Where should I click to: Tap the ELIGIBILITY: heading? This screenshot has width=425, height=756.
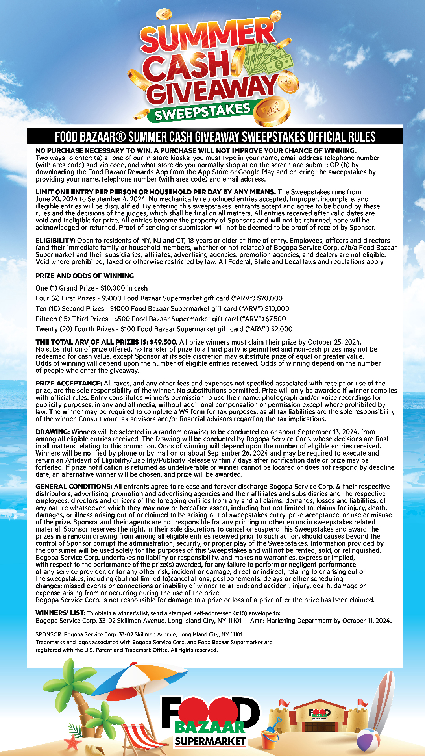(x=55, y=241)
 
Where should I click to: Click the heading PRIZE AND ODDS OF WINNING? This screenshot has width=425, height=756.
(x=85, y=276)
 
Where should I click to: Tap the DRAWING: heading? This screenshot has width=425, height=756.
(x=53, y=432)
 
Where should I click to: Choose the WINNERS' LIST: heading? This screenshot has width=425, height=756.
(x=60, y=613)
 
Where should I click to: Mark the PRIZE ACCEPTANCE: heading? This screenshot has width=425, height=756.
(x=69, y=384)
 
